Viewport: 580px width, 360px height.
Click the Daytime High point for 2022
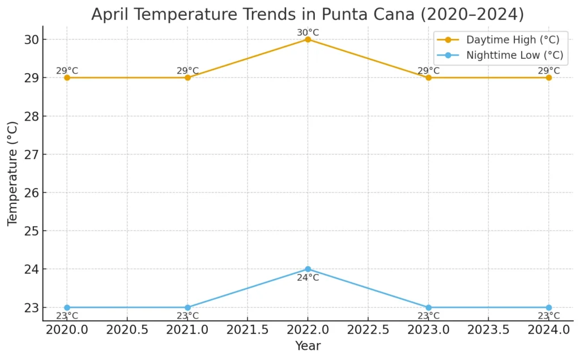[308, 40]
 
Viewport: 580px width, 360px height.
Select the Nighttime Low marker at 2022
[308, 269]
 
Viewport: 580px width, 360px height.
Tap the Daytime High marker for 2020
[67, 78]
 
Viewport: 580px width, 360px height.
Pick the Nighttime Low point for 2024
[548, 307]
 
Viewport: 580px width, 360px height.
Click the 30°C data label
[308, 32]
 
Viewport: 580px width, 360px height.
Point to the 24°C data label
[308, 277]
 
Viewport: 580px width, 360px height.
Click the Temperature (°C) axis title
[12, 173]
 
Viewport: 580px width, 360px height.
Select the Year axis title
[308, 346]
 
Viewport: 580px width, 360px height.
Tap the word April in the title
[110, 14]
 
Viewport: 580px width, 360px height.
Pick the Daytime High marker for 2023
[428, 78]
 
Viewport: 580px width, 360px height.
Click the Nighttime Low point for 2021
[187, 307]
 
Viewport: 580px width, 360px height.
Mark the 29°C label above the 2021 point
[187, 71]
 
